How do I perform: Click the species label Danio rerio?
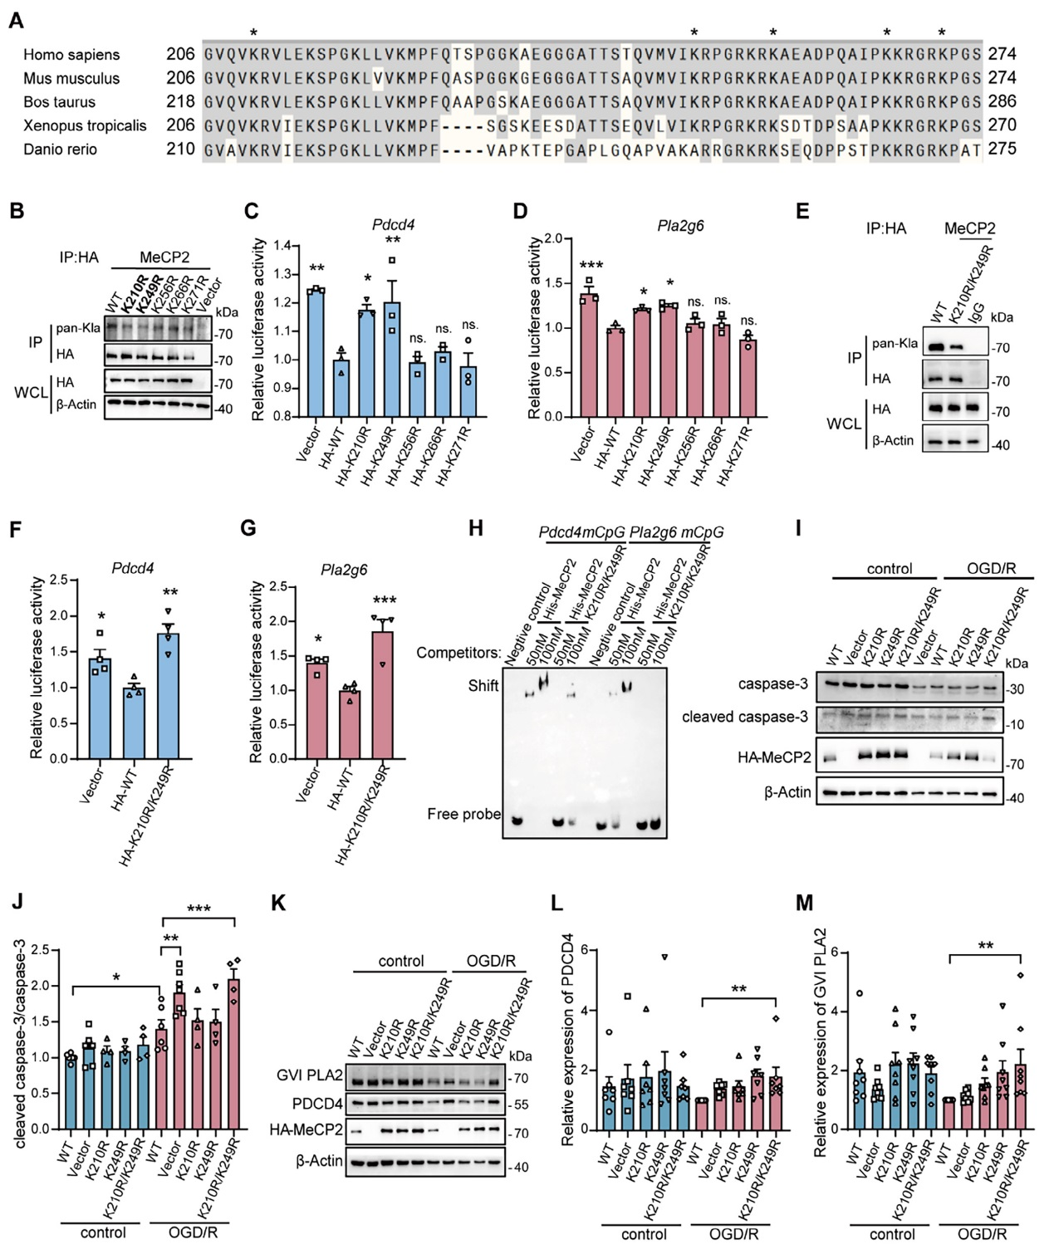coord(60,149)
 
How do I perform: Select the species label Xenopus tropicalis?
coord(85,125)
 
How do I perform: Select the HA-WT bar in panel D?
coord(615,374)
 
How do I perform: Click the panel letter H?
coord(476,529)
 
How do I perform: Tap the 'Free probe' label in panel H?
coord(463,814)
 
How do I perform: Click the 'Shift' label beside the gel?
coord(483,686)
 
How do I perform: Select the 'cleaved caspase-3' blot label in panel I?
coord(744,717)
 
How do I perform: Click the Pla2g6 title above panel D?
coord(680,226)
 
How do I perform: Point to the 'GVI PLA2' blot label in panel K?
coord(310,1076)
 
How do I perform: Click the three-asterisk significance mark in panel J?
coord(199,909)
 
